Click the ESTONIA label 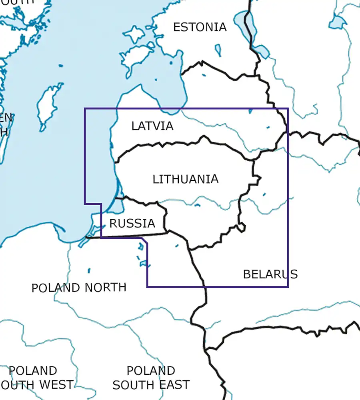[x=200, y=27]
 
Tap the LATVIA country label [x=152, y=126]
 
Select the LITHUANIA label [x=186, y=179]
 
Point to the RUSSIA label [x=132, y=223]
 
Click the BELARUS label [x=270, y=274]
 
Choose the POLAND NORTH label [x=79, y=288]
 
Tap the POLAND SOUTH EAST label [x=151, y=378]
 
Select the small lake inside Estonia [x=218, y=50]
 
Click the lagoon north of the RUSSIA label [x=117, y=206]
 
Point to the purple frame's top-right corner [x=288, y=108]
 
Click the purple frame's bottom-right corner [x=288, y=287]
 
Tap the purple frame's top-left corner [x=85, y=108]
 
